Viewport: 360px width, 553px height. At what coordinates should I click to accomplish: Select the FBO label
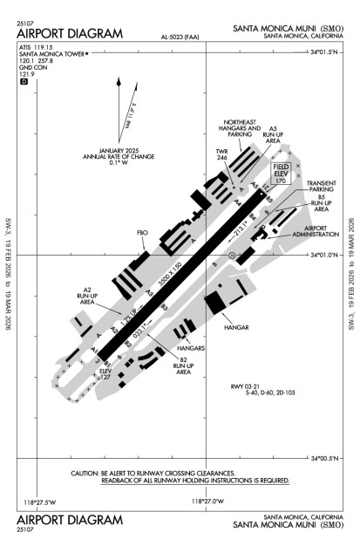(x=143, y=235)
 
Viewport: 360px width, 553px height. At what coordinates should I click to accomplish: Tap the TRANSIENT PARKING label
(x=320, y=187)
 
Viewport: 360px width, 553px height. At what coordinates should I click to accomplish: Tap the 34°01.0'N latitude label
(x=325, y=256)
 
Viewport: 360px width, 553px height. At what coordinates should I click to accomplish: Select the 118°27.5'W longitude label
(x=40, y=501)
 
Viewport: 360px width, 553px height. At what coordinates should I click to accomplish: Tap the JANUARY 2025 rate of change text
(x=126, y=154)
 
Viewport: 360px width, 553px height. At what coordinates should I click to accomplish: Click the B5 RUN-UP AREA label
(x=321, y=204)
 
